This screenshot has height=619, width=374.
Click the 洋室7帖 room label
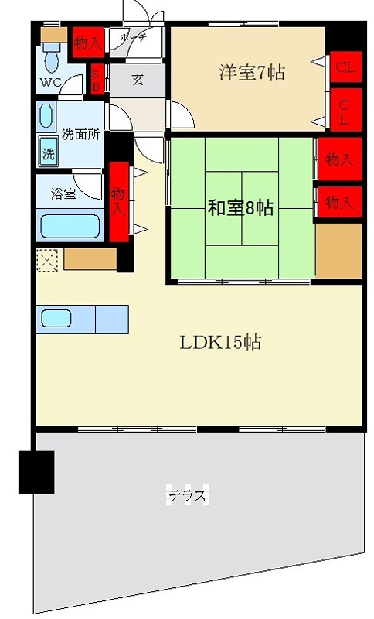(252, 74)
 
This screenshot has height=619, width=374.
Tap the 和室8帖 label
(240, 207)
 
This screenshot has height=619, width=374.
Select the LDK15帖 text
(220, 341)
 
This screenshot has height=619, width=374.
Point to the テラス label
(188, 495)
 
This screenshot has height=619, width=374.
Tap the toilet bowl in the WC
(53, 56)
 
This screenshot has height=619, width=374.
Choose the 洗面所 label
(80, 133)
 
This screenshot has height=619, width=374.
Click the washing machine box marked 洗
(49, 153)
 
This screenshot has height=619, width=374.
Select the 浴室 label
(63, 193)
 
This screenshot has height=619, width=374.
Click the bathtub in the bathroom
(70, 226)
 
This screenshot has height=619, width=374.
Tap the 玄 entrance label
(137, 79)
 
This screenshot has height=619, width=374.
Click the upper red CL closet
(345, 68)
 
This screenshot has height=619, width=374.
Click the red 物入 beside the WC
(87, 43)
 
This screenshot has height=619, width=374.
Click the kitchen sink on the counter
(56, 318)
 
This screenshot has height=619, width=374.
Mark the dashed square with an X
(47, 260)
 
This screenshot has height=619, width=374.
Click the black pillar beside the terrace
(36, 470)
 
